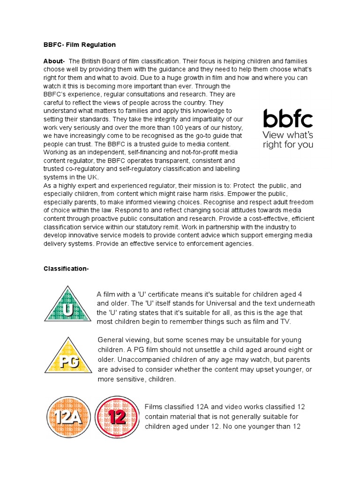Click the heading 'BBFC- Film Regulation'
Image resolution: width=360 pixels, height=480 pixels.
pyautogui.click(x=79, y=45)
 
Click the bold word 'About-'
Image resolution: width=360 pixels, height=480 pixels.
pyautogui.click(x=54, y=61)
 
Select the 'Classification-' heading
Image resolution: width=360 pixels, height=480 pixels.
pyautogui.click(x=66, y=269)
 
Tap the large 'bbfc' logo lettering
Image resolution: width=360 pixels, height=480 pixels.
pyautogui.click(x=288, y=119)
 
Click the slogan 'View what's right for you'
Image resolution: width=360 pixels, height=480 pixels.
pyautogui.click(x=288, y=140)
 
